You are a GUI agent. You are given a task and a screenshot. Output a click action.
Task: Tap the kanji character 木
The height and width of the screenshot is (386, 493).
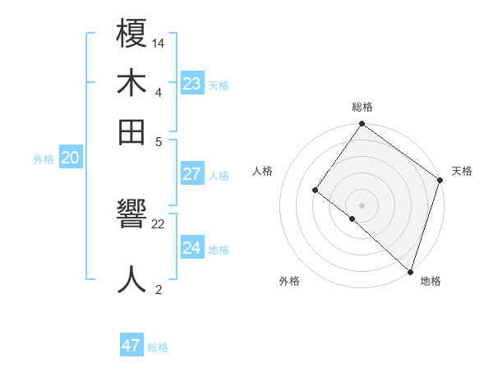tap(131, 84)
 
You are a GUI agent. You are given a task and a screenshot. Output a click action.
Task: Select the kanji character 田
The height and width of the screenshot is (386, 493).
tap(131, 131)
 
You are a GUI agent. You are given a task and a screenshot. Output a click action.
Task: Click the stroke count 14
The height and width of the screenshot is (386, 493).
tap(159, 42)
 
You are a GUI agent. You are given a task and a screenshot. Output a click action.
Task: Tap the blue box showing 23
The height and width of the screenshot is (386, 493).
tap(192, 84)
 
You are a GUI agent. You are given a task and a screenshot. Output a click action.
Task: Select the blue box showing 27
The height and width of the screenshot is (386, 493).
tap(192, 174)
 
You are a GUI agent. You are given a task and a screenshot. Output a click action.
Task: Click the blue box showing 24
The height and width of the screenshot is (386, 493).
tap(192, 248)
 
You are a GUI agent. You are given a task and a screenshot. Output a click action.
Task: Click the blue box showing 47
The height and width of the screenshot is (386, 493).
tap(131, 346)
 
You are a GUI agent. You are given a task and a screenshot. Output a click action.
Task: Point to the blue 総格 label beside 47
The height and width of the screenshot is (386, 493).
tap(158, 347)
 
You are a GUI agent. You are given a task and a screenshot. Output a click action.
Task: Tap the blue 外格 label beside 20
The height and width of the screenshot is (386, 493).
tap(44, 159)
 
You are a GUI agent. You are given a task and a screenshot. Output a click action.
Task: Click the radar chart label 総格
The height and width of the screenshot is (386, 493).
tap(362, 107)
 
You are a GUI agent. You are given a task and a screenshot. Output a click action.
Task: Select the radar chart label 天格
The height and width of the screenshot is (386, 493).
tap(462, 171)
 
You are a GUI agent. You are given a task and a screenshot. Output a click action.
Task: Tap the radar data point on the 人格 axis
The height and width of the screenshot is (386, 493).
tap(315, 191)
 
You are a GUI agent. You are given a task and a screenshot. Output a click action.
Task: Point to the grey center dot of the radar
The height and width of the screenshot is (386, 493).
tap(362, 204)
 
